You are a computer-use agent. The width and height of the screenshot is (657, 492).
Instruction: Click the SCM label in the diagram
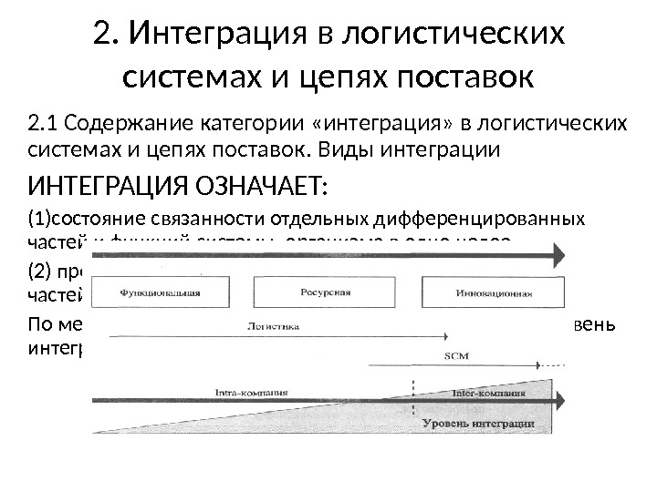point(456,356)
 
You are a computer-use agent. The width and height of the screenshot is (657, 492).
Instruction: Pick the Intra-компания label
point(251,393)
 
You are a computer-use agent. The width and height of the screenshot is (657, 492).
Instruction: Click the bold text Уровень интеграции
point(478,424)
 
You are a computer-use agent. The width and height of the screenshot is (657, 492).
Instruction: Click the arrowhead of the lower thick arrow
point(559,400)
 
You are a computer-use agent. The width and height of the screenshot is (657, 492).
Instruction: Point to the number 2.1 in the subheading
point(45,123)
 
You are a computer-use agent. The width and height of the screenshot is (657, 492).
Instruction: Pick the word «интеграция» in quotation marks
point(370,123)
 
